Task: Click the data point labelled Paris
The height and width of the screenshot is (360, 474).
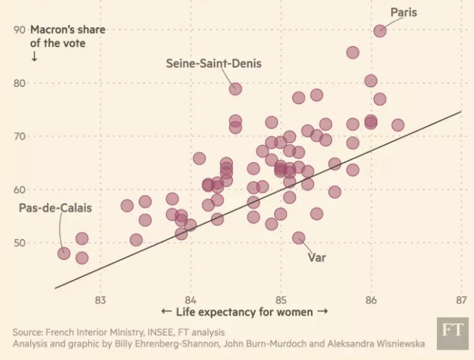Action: pyautogui.click(x=379, y=31)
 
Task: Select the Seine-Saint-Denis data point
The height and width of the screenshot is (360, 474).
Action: pyautogui.click(x=235, y=88)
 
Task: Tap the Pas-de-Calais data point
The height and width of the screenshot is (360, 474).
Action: pyautogui.click(x=64, y=253)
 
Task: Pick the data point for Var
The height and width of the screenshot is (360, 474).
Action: pyautogui.click(x=299, y=238)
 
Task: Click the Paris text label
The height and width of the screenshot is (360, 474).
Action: pyautogui.click(x=403, y=12)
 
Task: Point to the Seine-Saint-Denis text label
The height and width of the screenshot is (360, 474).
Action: pyautogui.click(x=214, y=64)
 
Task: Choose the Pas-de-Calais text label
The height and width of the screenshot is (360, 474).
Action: pyautogui.click(x=55, y=208)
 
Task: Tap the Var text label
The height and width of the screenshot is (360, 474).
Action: pyautogui.click(x=316, y=259)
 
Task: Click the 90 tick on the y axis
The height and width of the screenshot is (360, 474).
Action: pyautogui.click(x=19, y=30)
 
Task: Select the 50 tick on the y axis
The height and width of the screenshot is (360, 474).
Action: pyautogui.click(x=19, y=243)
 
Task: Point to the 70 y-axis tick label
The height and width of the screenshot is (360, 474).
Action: pyautogui.click(x=19, y=136)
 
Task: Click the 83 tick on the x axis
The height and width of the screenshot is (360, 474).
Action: pyautogui.click(x=100, y=299)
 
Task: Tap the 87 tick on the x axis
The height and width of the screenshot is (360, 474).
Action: pyautogui.click(x=461, y=299)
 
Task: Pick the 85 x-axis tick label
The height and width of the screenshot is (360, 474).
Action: pyautogui.click(x=281, y=299)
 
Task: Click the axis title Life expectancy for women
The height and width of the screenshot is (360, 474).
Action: pyautogui.click(x=245, y=313)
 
